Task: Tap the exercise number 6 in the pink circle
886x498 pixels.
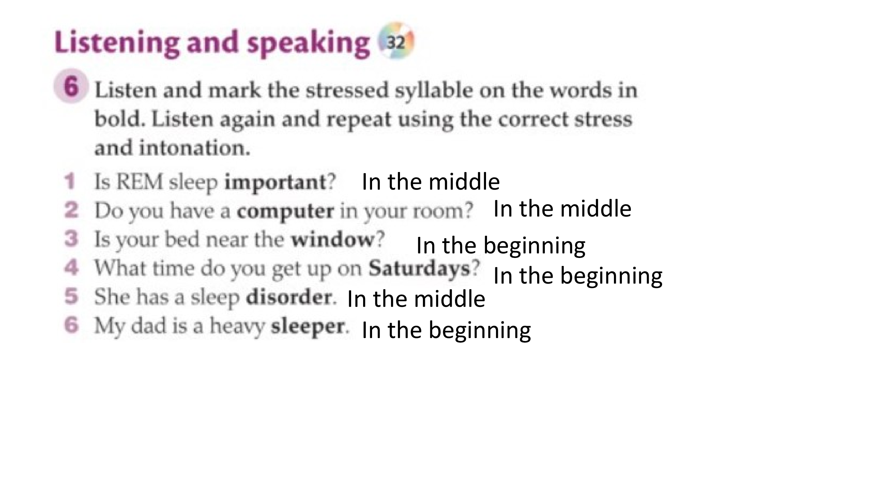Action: (x=71, y=86)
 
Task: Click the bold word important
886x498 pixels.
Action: (x=275, y=182)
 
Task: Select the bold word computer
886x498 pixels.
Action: (x=285, y=211)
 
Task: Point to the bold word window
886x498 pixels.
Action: (x=333, y=239)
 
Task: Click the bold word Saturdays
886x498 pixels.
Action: (x=419, y=268)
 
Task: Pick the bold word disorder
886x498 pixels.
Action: (x=289, y=297)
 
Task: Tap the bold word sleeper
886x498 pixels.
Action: (x=308, y=326)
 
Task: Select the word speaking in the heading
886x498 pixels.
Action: (x=308, y=43)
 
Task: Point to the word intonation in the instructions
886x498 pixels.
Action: (x=195, y=148)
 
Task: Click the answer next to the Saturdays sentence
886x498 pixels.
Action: (x=578, y=276)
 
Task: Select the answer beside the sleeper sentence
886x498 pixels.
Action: (x=446, y=330)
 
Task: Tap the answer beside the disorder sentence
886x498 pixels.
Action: (x=416, y=299)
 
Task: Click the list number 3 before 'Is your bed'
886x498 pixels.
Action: (x=71, y=239)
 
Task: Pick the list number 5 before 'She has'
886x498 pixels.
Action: (x=71, y=296)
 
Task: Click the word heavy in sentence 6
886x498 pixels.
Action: (x=237, y=326)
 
